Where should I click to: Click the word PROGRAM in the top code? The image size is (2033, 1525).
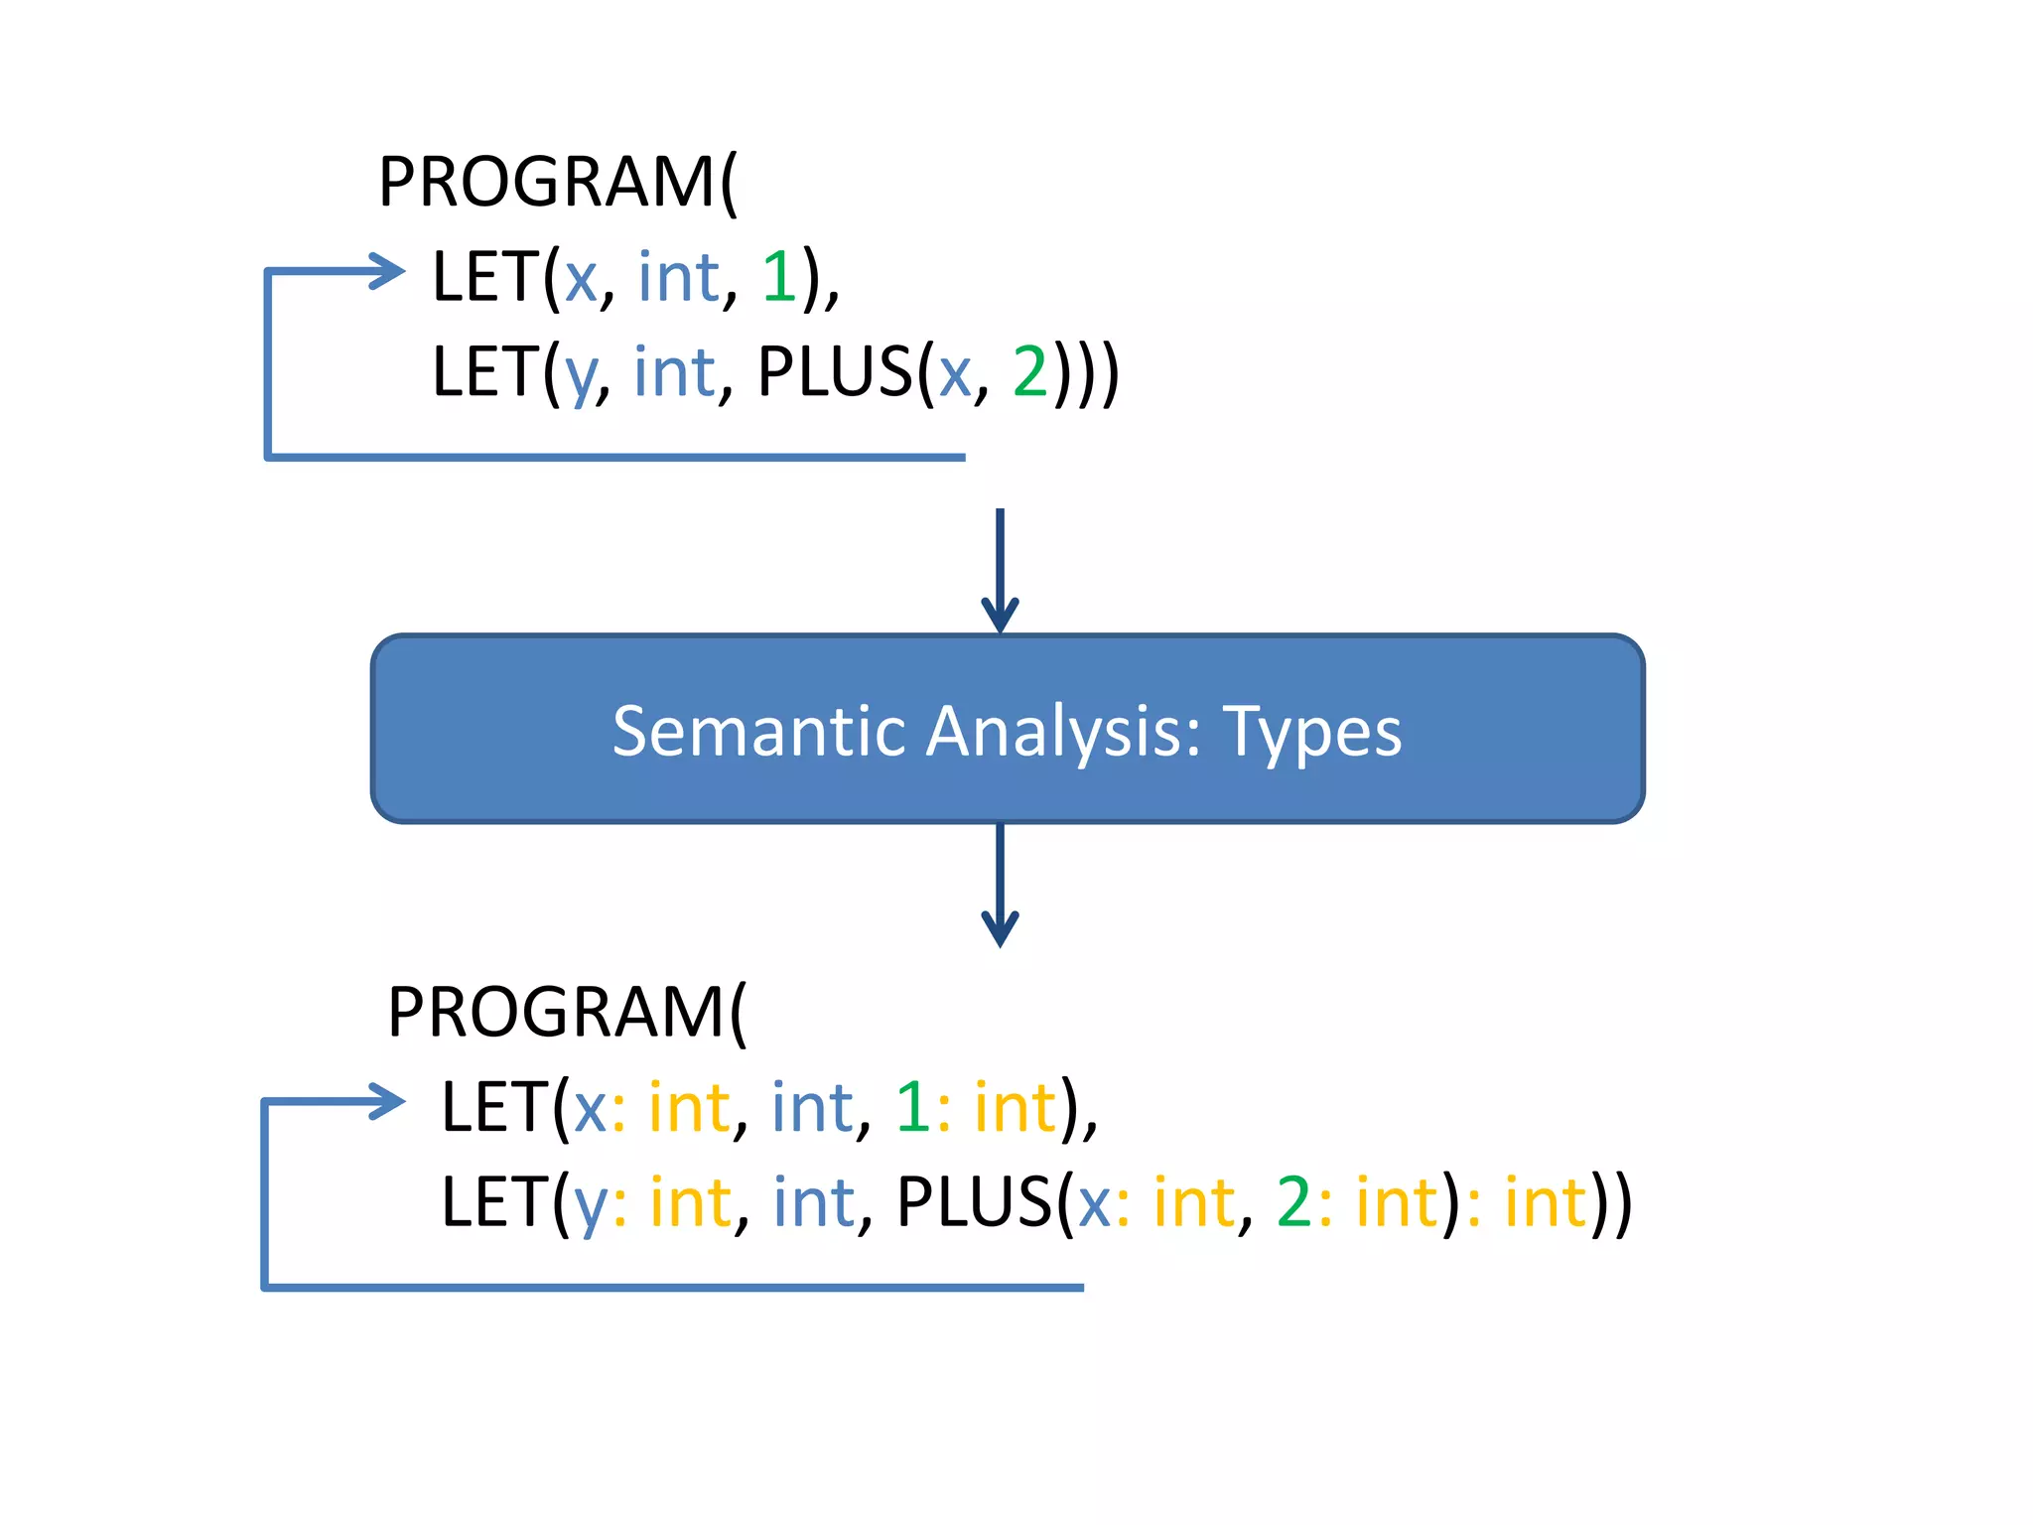(547, 183)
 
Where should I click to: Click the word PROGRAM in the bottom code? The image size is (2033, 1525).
(556, 1013)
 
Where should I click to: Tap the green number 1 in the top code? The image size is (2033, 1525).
(778, 277)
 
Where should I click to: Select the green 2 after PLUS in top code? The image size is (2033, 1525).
(1029, 372)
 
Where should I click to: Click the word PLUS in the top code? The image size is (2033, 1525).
(834, 372)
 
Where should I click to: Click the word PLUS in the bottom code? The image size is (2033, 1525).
(973, 1202)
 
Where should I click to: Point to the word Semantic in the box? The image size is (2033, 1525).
(759, 732)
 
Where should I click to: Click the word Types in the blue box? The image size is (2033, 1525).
(1311, 732)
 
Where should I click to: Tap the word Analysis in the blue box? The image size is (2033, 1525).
(1063, 732)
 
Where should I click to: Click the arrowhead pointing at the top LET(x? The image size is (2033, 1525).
(387, 270)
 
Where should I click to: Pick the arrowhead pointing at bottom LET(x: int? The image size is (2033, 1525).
(387, 1101)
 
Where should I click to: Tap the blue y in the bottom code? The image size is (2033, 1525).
(591, 1207)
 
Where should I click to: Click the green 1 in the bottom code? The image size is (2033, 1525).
(911, 1107)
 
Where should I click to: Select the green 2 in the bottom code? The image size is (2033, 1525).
(1294, 1202)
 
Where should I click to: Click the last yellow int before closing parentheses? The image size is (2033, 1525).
(1546, 1202)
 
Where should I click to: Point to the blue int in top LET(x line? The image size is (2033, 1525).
(678, 277)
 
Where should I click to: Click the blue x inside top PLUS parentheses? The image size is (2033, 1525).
(955, 376)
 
